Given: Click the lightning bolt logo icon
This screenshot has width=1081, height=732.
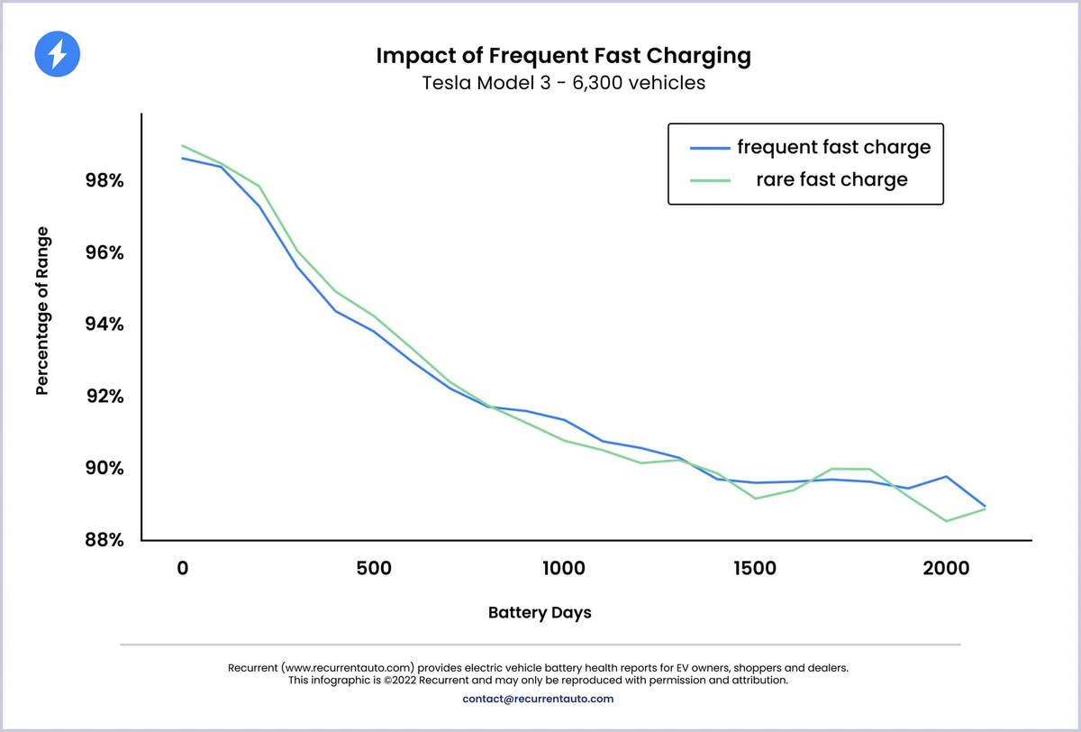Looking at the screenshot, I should [x=57, y=55].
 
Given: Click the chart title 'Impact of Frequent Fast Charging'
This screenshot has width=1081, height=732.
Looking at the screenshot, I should [x=563, y=56].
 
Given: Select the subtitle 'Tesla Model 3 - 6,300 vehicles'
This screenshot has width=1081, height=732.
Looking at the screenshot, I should [x=563, y=84].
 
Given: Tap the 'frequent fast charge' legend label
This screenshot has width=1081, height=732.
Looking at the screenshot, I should [x=833, y=146].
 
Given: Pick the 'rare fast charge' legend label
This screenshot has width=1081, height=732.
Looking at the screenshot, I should [x=831, y=179].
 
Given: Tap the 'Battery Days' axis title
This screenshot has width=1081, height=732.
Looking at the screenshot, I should [x=540, y=613].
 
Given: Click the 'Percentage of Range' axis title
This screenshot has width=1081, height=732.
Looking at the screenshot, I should [x=42, y=311].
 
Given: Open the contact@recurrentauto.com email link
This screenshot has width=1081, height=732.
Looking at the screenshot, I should [x=538, y=699].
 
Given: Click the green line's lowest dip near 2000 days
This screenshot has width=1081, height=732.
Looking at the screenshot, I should [x=947, y=520].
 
